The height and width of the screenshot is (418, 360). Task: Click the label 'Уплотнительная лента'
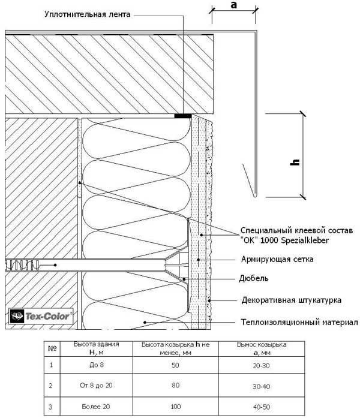coord(87,14)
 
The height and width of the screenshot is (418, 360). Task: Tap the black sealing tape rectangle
coord(183,116)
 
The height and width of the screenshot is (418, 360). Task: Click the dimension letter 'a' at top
coord(234,5)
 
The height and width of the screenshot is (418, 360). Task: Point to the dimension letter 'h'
coord(295,162)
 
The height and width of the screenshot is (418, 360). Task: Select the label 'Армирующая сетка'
coord(277,259)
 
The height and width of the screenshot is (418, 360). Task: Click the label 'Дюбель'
coord(254,278)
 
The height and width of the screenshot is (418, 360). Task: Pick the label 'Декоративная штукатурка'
coord(292,300)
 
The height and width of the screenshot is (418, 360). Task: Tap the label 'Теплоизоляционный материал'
coord(299,322)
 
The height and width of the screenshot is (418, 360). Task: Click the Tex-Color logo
coord(41,316)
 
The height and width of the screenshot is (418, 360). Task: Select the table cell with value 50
coord(175,365)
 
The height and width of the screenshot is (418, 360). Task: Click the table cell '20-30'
coord(262,365)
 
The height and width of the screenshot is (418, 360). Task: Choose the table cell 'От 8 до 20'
coord(96,385)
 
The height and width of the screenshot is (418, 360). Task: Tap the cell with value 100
coord(175,407)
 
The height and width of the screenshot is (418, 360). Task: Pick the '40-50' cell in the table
coord(262,407)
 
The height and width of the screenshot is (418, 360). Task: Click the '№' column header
coord(52,348)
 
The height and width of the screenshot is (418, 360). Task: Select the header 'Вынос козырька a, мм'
coord(262,348)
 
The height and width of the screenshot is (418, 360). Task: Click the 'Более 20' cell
coord(96,407)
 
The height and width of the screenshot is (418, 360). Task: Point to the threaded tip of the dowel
coord(22,265)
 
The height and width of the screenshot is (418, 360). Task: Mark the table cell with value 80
coord(175,385)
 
